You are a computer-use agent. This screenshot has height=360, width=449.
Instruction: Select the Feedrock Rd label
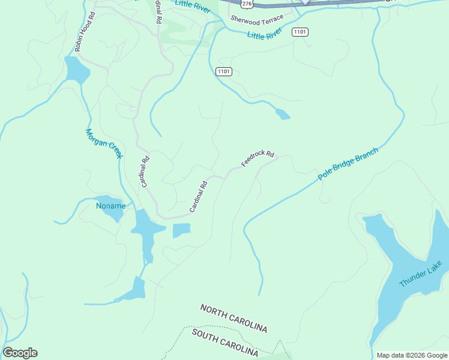coord(258,158)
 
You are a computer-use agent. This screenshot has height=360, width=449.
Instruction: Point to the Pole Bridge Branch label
coord(348,164)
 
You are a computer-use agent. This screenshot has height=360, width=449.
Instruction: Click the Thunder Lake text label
coord(421,274)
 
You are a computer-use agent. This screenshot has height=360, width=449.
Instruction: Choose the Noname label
coord(111,206)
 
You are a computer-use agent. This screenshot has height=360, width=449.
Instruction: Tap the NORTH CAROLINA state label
coord(234,318)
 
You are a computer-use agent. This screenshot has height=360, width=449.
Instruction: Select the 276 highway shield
coord(247,4)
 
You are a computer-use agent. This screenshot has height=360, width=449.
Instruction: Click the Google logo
coord(20,353)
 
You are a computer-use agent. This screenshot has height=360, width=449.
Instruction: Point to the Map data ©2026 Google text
coord(412,355)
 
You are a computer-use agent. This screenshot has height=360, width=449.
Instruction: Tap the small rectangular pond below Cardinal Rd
coord(181,230)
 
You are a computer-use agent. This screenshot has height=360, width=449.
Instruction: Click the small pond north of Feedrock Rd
coord(282,113)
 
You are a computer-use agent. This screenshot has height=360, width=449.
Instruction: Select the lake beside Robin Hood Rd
coord(76,70)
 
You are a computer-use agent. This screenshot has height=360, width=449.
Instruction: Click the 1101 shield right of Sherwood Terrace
coord(300,32)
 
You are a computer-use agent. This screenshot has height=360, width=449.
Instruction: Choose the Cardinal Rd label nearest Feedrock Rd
coord(198,196)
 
